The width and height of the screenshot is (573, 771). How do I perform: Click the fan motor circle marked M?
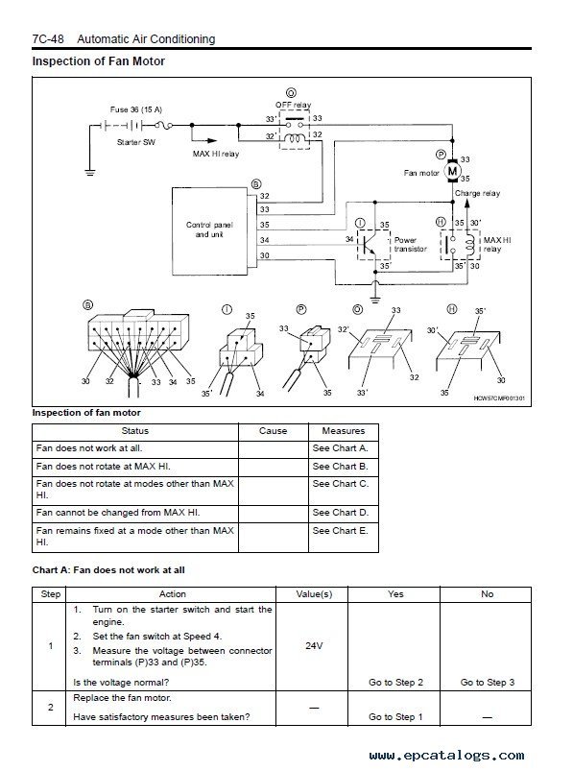tap(452, 172)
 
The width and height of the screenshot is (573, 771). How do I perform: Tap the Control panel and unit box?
tap(209, 230)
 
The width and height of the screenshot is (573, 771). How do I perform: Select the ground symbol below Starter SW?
tap(90, 172)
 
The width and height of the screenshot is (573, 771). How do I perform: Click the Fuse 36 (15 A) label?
tap(136, 109)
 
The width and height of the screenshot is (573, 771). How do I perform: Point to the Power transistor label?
tap(411, 245)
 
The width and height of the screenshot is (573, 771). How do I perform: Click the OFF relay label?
tap(293, 105)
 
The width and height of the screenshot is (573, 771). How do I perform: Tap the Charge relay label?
tap(477, 193)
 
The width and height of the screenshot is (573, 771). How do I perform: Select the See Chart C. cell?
tap(344, 491)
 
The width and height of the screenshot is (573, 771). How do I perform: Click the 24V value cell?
tap(314, 645)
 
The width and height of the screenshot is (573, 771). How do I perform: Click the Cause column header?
tap(274, 431)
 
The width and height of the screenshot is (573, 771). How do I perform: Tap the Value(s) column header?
tap(314, 594)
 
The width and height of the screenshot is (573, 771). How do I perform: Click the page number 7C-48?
tap(48, 38)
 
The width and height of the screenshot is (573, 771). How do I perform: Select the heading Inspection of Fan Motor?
tap(98, 61)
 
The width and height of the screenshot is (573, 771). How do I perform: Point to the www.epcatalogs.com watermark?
tap(446, 756)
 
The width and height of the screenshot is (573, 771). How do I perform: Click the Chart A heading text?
tap(108, 570)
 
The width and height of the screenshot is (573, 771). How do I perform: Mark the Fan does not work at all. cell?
tap(135, 449)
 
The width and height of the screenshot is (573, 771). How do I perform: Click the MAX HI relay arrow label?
tap(216, 154)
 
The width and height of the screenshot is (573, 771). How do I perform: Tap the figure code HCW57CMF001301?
tap(499, 398)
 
